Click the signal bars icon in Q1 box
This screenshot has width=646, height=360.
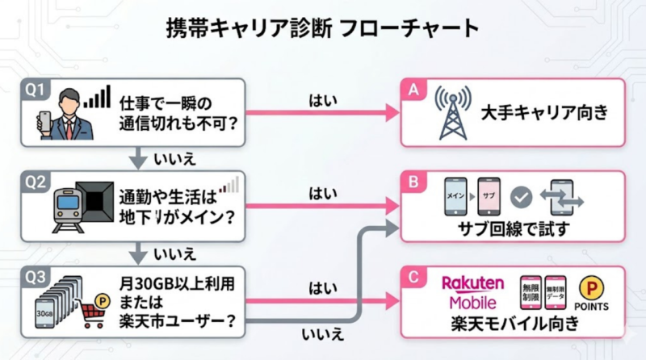click(98, 98)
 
